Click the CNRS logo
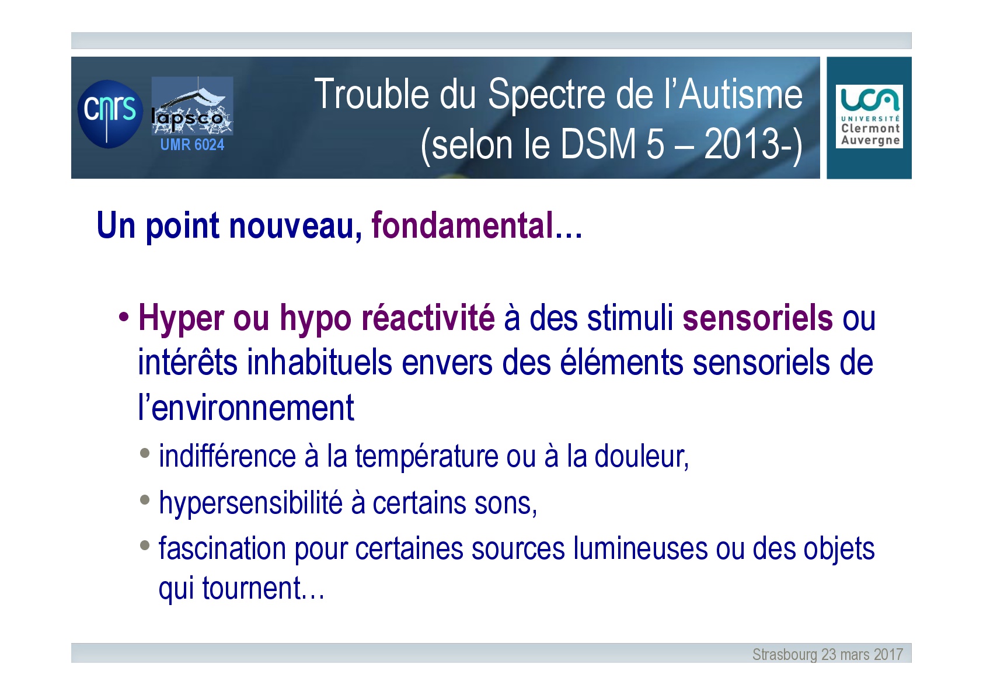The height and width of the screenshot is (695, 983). (110, 114)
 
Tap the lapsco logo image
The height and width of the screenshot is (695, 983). (192, 106)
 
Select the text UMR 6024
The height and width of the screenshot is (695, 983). (192, 144)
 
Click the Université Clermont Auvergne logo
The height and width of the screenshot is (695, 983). (869, 116)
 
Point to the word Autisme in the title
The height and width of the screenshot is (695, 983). (741, 94)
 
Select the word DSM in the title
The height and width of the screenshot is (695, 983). (598, 144)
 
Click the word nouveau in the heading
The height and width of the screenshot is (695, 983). (292, 225)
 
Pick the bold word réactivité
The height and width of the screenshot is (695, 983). (427, 318)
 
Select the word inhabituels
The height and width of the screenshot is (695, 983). (319, 363)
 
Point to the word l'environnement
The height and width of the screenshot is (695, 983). (246, 408)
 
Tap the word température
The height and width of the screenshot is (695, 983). (427, 457)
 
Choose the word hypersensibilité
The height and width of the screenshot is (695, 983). (250, 503)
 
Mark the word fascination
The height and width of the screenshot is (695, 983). (222, 549)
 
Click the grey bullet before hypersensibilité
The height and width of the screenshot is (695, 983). (145, 499)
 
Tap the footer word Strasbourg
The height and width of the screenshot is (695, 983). (785, 655)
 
